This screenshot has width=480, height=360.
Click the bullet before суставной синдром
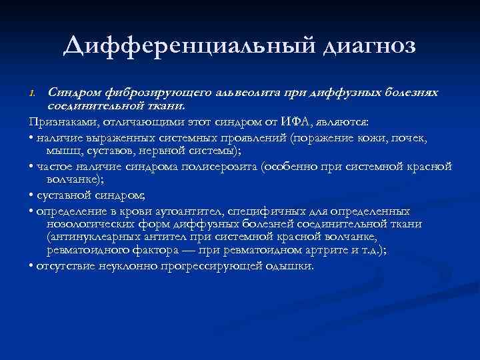tap(32, 195)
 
